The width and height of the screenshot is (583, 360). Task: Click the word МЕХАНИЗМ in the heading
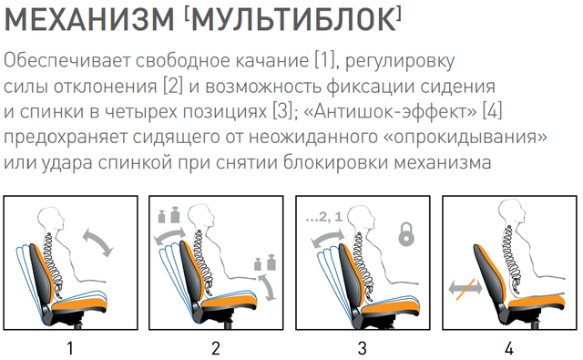[x=89, y=18]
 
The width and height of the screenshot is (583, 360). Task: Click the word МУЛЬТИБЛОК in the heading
[x=293, y=18]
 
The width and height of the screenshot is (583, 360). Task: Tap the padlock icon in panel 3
[x=406, y=233]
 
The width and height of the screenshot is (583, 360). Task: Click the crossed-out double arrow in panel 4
[x=465, y=287]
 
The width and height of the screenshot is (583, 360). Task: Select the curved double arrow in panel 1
[x=97, y=242]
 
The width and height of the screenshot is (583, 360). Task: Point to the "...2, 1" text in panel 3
[x=324, y=216]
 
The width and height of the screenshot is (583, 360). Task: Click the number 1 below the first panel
[x=70, y=349]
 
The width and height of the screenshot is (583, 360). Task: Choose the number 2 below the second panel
[x=216, y=349]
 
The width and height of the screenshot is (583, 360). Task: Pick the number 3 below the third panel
[x=363, y=349]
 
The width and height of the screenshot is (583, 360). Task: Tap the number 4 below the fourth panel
[x=509, y=349]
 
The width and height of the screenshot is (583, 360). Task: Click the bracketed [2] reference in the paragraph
[x=173, y=86]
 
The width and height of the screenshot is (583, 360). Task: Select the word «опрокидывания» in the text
[x=465, y=137]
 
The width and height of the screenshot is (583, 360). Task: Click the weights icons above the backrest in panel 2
[x=169, y=216]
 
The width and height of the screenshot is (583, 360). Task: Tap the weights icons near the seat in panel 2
[x=265, y=262]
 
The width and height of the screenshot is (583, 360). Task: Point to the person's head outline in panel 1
[x=53, y=220]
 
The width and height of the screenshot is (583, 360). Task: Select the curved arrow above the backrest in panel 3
[x=328, y=238]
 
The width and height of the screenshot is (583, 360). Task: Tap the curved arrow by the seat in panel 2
[x=268, y=287]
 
